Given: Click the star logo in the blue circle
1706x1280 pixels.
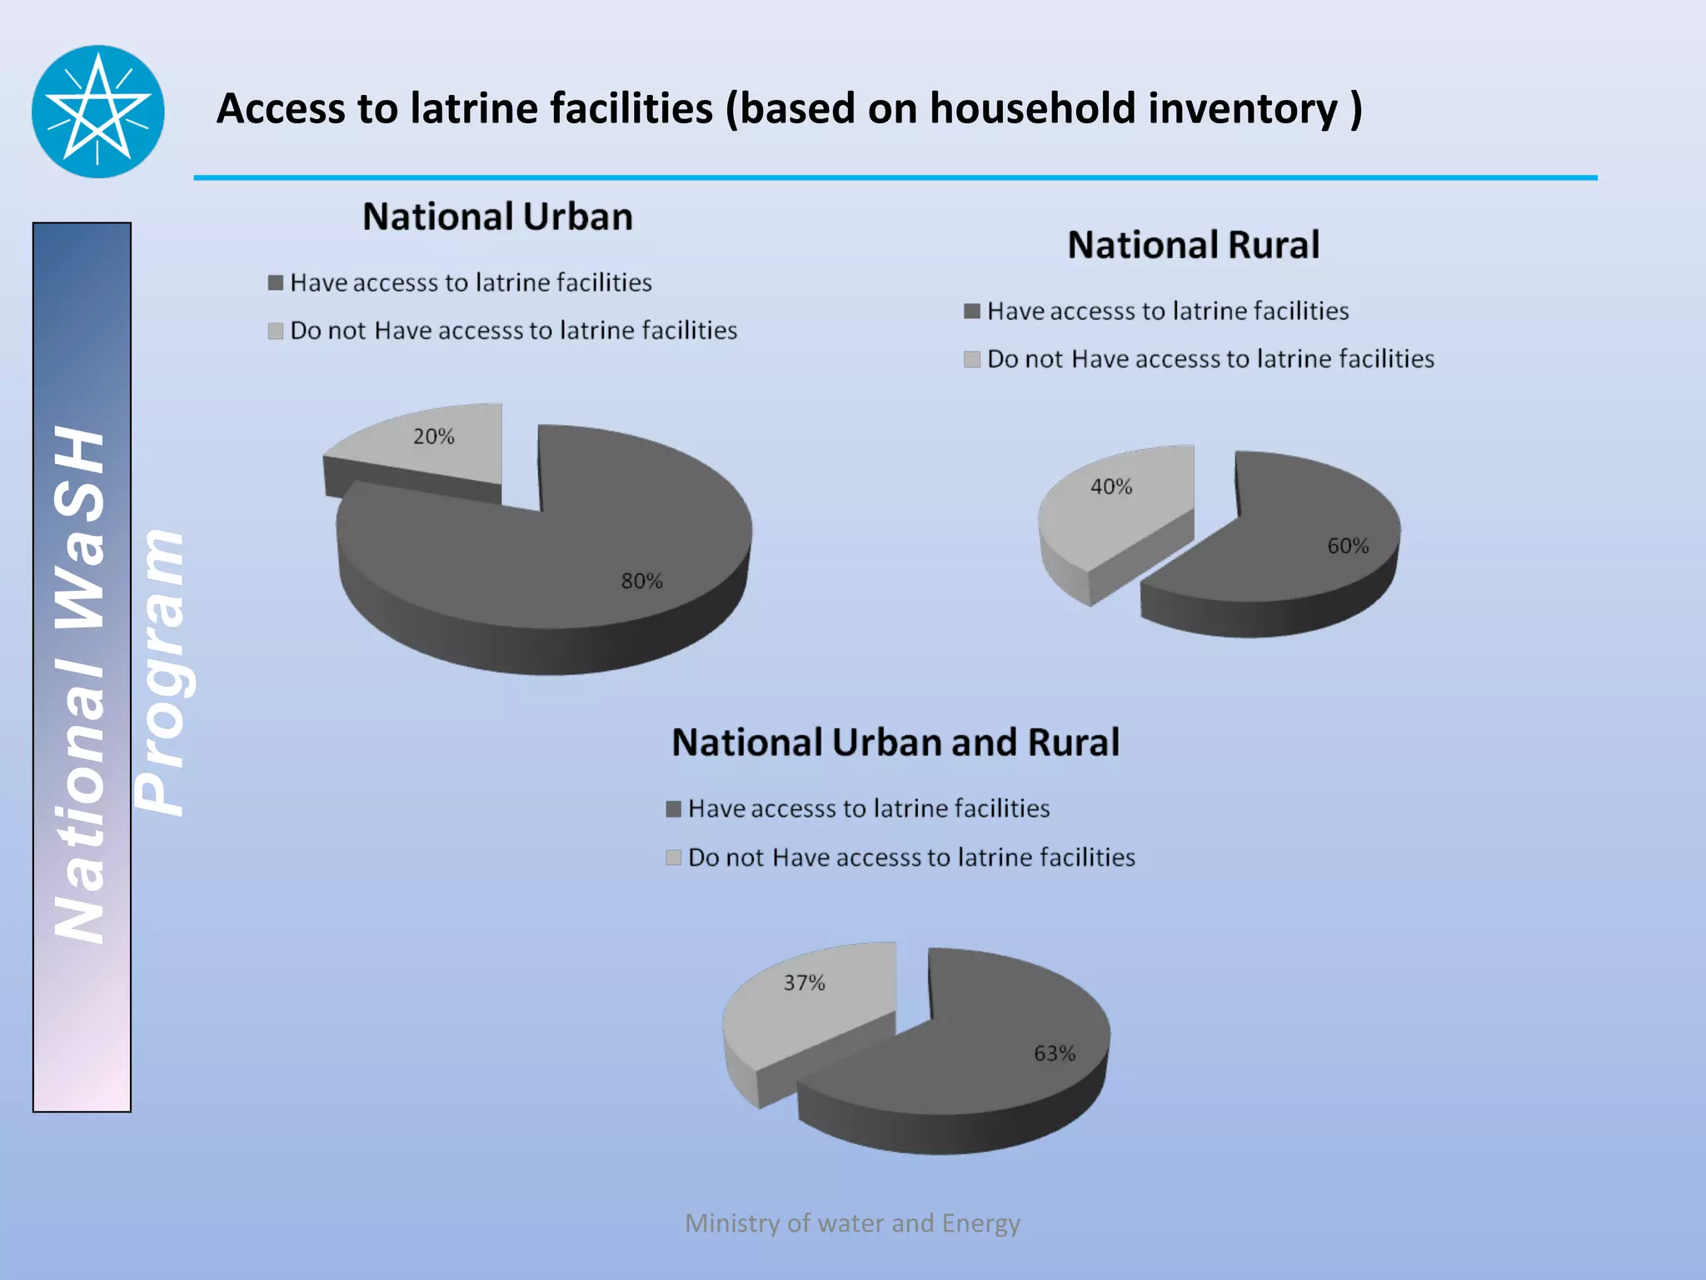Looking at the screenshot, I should [x=98, y=111].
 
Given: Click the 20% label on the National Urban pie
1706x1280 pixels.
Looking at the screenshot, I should [x=434, y=437].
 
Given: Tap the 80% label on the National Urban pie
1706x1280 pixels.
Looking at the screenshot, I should [x=641, y=581].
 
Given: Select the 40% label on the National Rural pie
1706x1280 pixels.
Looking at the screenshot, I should [x=1111, y=487].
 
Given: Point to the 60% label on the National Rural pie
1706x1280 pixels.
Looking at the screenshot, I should [x=1348, y=546].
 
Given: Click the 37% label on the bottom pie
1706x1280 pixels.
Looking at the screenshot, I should [x=804, y=983].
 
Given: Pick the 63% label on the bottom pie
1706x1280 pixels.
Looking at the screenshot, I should [x=1055, y=1053].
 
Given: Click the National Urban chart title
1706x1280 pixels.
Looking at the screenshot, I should [x=497, y=217].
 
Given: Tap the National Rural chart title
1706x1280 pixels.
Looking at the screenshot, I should [x=1193, y=245].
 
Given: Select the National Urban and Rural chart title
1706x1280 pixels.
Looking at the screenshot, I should [x=895, y=742].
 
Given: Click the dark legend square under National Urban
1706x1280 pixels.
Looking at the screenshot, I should [x=276, y=282].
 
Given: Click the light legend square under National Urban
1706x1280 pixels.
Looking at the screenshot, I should [x=276, y=331].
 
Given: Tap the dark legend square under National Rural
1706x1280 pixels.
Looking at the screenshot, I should [x=971, y=311].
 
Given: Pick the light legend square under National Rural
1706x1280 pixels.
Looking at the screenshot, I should [x=971, y=359].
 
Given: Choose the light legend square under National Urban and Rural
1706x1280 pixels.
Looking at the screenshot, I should [x=674, y=857].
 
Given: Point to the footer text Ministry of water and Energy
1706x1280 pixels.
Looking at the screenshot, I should [x=852, y=1222].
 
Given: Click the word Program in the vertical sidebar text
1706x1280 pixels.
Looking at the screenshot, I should [x=160, y=672].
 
